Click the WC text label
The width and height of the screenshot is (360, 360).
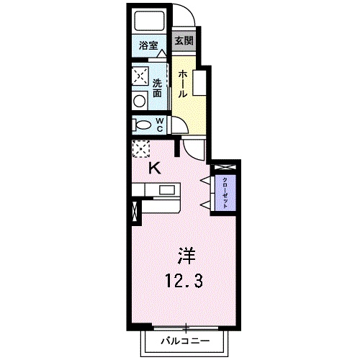[x=161, y=125]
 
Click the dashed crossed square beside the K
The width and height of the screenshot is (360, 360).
[x=139, y=148]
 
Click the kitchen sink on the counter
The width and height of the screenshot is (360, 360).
[x=166, y=191]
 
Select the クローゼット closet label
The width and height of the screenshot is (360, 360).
[x=225, y=192]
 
